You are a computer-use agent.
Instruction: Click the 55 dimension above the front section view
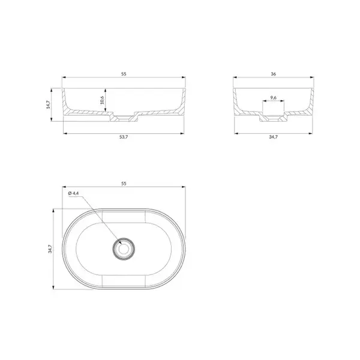click(x=124, y=74)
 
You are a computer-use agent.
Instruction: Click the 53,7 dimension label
click(x=124, y=137)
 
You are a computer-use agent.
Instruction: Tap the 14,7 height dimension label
click(x=48, y=104)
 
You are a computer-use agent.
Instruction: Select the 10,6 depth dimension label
click(x=102, y=100)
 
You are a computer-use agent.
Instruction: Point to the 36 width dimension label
click(x=273, y=74)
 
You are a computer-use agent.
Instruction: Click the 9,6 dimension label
click(x=273, y=98)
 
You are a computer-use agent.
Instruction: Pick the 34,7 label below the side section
click(x=273, y=137)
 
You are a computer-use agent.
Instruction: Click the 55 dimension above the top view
click(x=124, y=184)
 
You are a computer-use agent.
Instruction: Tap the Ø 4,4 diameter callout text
click(x=73, y=193)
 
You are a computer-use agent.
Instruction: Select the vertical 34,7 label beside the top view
click(x=50, y=249)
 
